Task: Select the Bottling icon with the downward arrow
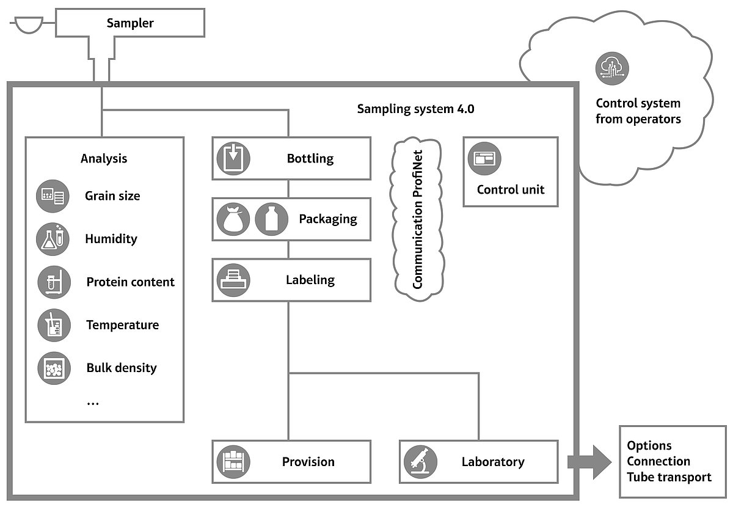click(x=233, y=159)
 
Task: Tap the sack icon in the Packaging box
click(x=233, y=219)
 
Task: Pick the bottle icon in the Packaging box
click(x=271, y=219)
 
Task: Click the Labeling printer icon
click(x=233, y=280)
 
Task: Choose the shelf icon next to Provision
click(x=233, y=462)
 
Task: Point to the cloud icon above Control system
click(x=612, y=68)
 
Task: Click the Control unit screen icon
click(x=484, y=159)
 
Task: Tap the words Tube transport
click(x=669, y=477)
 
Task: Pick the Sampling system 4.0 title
click(x=415, y=109)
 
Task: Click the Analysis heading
click(x=104, y=159)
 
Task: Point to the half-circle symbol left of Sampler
click(x=26, y=25)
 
